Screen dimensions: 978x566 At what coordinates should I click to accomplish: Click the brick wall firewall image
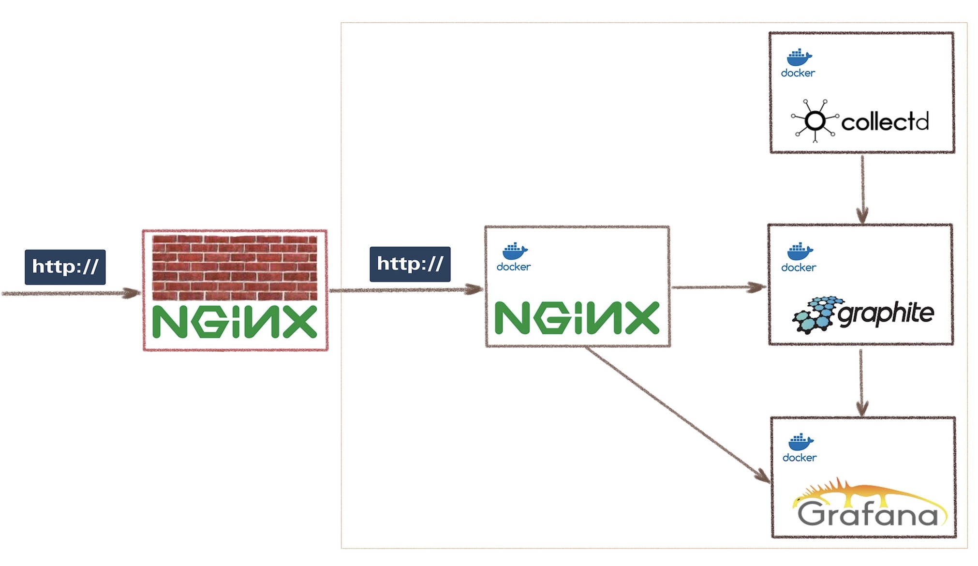tap(235, 268)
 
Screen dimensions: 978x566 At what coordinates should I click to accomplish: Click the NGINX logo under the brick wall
tap(235, 322)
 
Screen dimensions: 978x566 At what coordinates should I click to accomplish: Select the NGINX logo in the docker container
tap(577, 318)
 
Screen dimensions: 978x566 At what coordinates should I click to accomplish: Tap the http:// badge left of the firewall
tap(65, 267)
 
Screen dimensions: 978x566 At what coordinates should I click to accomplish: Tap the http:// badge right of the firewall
tap(410, 264)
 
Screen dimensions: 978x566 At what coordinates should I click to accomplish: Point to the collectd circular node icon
tap(815, 121)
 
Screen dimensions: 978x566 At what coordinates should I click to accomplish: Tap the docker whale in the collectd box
tap(799, 58)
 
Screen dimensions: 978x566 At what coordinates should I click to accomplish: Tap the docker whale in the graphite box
tap(800, 252)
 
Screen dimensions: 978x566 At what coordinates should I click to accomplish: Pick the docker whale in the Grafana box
tap(800, 442)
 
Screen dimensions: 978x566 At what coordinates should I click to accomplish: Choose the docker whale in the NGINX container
tap(515, 251)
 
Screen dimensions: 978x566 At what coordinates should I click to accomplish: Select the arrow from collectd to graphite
tap(862, 189)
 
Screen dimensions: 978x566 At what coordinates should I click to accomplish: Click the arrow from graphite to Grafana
tap(861, 383)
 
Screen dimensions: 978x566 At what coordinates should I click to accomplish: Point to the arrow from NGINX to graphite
tap(719, 287)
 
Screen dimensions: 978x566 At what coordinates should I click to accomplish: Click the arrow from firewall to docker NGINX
tap(406, 290)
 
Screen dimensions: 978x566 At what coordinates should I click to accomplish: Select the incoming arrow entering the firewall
tap(71, 293)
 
